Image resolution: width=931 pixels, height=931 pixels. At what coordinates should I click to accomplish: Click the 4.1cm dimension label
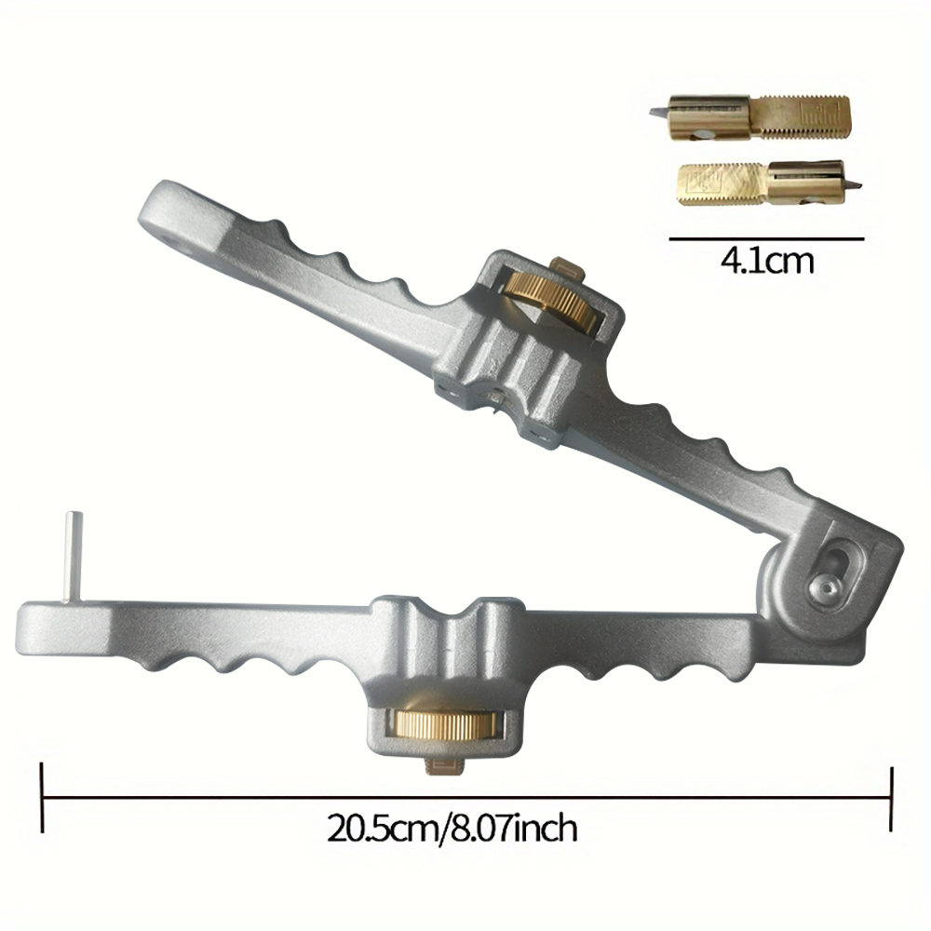[x=766, y=262]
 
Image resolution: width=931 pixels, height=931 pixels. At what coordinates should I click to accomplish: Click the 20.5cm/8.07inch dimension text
[x=452, y=828]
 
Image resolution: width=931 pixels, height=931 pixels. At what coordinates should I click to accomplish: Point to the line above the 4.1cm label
[x=766, y=239]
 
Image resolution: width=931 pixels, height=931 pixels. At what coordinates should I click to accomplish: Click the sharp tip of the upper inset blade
[x=654, y=113]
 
